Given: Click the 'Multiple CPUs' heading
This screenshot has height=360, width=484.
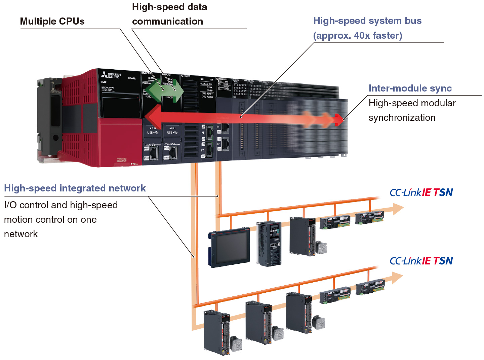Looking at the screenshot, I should tap(52, 21).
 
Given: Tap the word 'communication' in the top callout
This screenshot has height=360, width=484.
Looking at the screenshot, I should tap(167, 21).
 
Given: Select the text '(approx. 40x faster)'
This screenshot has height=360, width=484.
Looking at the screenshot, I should tap(358, 35).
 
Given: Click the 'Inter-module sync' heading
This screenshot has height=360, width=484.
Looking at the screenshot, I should tap(410, 88).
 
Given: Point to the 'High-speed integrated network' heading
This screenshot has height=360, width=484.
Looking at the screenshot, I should tap(75, 188).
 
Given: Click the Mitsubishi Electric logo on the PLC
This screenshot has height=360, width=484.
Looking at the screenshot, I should tap(111, 75).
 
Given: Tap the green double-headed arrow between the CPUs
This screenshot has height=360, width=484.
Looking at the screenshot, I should tap(165, 89).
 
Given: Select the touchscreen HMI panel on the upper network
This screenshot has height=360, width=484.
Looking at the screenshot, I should tap(230, 248).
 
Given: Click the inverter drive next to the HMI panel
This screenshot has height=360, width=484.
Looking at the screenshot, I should tap(269, 244).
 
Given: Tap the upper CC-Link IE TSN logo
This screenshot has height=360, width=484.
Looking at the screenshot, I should tap(421, 192).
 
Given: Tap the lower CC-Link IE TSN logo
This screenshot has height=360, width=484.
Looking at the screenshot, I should tap(421, 261).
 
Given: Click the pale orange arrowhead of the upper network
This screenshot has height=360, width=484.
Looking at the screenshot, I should tap(398, 209).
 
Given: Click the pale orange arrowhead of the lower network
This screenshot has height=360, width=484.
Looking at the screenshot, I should tap(397, 278).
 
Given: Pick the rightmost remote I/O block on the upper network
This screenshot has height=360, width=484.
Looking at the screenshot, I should tap(370, 217).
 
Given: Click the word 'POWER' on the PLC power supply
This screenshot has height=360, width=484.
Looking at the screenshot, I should tap(132, 78).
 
